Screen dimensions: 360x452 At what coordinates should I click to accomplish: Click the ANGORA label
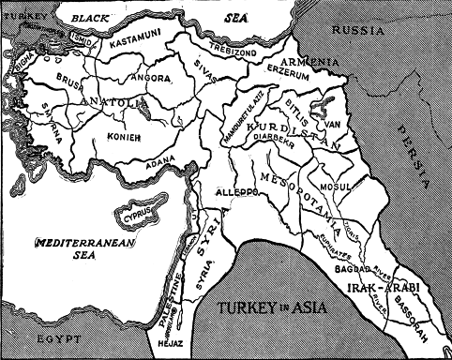pyautogui.click(x=151, y=78)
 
